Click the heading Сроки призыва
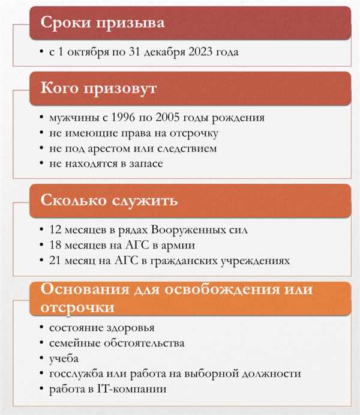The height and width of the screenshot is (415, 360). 102,24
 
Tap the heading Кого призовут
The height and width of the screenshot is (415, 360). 98,89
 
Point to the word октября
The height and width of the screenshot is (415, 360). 94,52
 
